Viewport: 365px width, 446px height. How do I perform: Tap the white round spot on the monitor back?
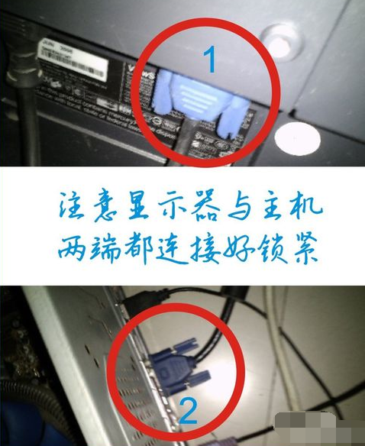(293, 137)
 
